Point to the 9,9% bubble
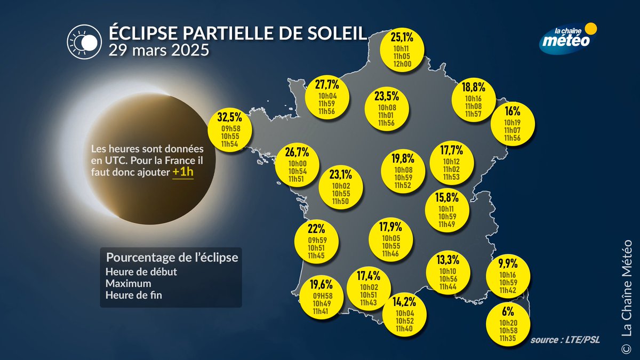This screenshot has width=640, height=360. tap(508, 277)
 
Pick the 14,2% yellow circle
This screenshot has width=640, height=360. tap(404, 315)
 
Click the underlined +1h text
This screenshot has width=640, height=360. tap(183, 172)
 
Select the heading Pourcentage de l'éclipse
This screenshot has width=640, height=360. tap(172, 257)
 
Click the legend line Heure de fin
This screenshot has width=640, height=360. tap(134, 294)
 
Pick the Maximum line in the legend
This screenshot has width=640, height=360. tap(129, 283)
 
